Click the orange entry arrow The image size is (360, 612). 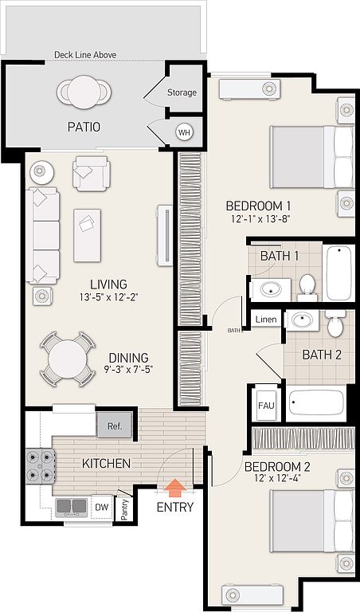(x=175, y=488)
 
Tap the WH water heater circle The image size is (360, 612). (x=184, y=132)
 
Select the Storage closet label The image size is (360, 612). (x=182, y=92)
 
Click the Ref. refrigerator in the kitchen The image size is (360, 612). (x=115, y=426)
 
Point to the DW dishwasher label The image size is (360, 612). (x=102, y=507)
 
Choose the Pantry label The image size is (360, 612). (x=125, y=509)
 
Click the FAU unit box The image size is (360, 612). (x=265, y=405)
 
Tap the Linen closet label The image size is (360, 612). (x=266, y=320)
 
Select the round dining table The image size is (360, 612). (x=68, y=359)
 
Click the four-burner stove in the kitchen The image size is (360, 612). (x=40, y=466)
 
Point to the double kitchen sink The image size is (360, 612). (x=72, y=507)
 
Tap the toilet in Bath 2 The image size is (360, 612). (x=335, y=324)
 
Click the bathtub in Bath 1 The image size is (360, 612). (x=338, y=273)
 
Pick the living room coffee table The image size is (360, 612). (x=87, y=235)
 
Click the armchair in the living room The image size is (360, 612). (x=92, y=174)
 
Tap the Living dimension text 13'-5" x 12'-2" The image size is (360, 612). (x=109, y=298)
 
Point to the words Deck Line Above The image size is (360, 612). (x=85, y=55)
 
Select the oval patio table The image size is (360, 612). (x=84, y=92)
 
